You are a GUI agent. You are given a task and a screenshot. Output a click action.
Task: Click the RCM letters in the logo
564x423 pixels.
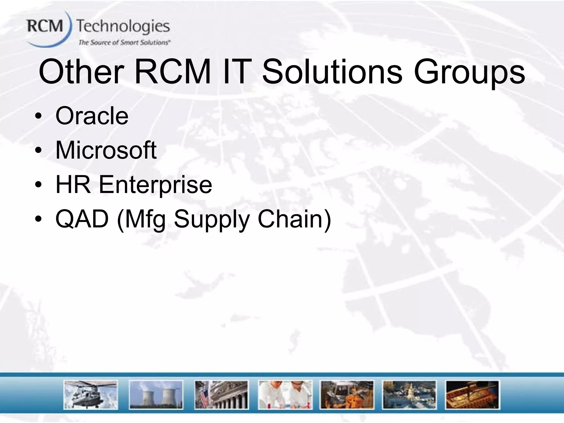[45, 27]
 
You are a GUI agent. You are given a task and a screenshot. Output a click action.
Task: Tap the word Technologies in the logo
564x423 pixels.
[123, 27]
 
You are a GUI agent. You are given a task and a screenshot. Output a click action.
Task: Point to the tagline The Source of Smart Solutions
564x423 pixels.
[124, 43]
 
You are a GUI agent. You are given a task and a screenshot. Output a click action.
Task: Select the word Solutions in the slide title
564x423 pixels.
[332, 72]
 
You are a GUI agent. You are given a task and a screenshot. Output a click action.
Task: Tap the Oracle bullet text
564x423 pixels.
[92, 116]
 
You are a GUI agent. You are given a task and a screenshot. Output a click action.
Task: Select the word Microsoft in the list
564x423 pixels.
[106, 150]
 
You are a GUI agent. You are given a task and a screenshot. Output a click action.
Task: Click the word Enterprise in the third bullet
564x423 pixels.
[155, 185]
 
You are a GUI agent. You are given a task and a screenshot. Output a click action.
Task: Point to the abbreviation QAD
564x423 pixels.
[82, 219]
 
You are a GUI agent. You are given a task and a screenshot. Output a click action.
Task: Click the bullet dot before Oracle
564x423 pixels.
[39, 116]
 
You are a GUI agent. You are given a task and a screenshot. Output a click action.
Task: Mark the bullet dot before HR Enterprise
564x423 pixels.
[39, 185]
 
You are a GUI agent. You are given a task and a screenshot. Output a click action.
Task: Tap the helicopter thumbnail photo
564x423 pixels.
[91, 395]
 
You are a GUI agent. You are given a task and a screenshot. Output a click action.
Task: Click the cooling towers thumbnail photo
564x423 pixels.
[156, 395]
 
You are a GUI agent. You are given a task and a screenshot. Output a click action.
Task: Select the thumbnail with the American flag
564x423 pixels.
[221, 395]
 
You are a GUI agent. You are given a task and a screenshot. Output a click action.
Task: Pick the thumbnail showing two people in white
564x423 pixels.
[285, 395]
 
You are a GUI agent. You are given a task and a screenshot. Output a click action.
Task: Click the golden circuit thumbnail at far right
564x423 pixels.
[472, 395]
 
